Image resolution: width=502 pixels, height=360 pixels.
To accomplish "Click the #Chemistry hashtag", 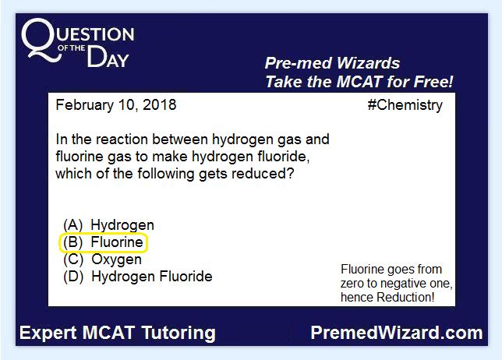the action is point(405,105).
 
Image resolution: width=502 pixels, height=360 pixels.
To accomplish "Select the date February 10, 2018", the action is point(116,105).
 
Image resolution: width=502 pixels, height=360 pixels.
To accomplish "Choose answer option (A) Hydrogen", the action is point(108,225).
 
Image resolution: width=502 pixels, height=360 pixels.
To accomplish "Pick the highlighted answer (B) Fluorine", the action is point(103,242).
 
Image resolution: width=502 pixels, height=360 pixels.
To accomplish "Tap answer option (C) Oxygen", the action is point(102,259).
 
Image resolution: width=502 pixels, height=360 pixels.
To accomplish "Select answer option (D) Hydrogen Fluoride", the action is point(138,277).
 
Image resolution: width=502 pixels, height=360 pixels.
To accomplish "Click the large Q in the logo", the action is point(41,39).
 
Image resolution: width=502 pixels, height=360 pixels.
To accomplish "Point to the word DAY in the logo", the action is point(108,58).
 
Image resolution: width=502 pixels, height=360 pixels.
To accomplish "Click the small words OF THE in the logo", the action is point(72,48).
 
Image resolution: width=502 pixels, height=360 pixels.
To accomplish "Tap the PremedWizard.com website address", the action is point(396,333).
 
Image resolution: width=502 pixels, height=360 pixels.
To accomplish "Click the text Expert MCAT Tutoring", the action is point(118,333).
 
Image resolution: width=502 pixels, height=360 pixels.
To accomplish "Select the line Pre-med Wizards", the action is point(332,63).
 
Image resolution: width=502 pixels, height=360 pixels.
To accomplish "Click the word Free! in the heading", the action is point(434,82).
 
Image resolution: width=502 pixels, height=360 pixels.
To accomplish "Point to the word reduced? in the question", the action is point(263,174).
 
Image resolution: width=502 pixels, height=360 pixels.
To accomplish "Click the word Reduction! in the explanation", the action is point(405,298).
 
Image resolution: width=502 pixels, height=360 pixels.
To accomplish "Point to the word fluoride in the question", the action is point(283,157).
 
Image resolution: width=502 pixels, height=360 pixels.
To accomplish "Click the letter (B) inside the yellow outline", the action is point(72,242).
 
